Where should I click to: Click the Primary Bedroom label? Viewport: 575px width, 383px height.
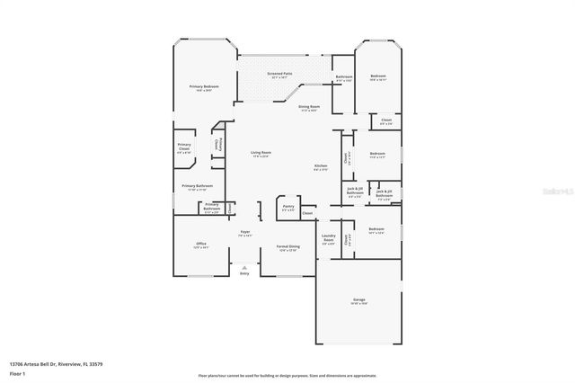[x=204, y=86]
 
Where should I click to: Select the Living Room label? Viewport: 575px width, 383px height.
[x=261, y=153]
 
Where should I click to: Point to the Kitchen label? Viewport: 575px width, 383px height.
[x=321, y=167]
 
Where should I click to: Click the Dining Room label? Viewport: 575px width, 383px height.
[x=308, y=107]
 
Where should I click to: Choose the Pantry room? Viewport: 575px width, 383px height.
[x=287, y=207]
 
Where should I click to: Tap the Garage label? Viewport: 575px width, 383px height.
[x=358, y=300]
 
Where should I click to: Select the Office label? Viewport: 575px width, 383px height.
[x=201, y=245]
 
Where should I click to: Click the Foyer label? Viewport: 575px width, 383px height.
[x=244, y=233]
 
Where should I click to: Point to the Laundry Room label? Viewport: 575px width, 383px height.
[x=329, y=239]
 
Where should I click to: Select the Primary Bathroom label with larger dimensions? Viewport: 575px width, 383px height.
[x=196, y=187]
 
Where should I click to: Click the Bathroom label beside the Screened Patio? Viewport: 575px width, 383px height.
[x=343, y=77]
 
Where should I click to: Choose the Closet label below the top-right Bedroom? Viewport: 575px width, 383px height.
[x=385, y=120]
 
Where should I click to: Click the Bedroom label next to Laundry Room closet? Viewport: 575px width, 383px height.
[x=376, y=230]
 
